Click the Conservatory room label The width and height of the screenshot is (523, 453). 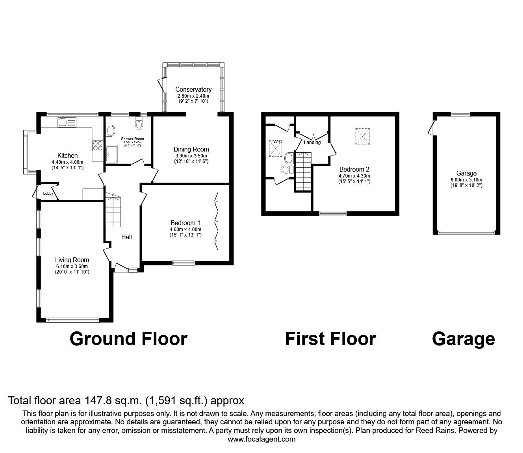pos(193,90)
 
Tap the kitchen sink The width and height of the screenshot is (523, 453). pos(67,122)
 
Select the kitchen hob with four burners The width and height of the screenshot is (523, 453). pos(98,146)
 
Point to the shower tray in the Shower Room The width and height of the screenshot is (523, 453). pos(112,154)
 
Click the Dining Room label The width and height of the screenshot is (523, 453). pos(191,150)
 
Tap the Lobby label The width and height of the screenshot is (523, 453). pos(48,194)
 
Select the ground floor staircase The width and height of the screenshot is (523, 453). pos(113,210)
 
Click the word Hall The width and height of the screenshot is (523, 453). pos(126,237)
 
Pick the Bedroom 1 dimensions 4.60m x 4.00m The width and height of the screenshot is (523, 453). pos(185,229)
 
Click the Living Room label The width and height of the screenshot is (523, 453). pos(72,260)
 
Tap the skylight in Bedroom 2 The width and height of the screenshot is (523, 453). pos(363,137)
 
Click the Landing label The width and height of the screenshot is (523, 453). pos(312,142)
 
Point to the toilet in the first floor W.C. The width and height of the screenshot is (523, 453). pos(287,170)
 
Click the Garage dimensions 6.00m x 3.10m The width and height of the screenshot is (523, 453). pos(466,180)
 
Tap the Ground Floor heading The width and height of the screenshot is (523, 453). pos(128,339)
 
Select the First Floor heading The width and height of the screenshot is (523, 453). pos(330,339)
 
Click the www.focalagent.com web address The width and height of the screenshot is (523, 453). pos(261,439)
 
